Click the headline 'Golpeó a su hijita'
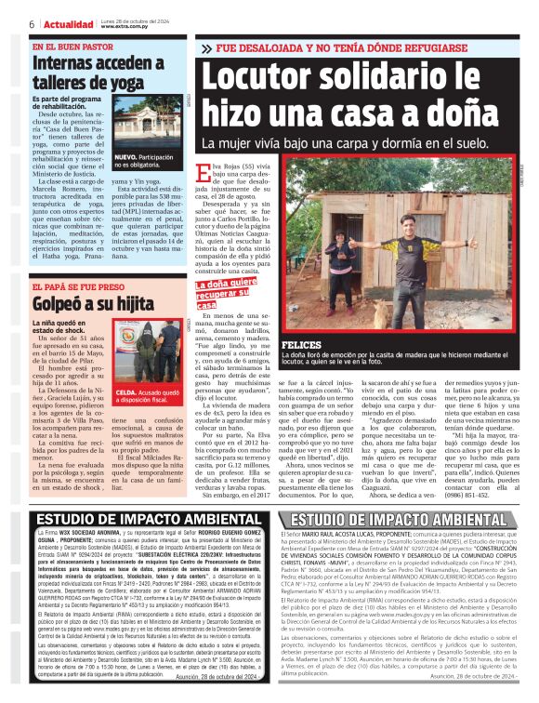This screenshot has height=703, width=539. pos(79,304)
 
